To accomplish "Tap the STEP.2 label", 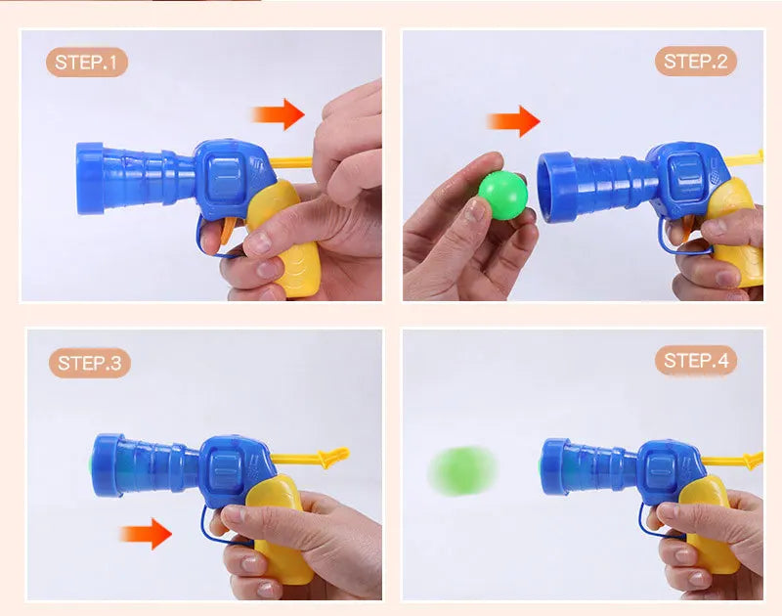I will (x=695, y=62).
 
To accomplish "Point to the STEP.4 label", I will (x=695, y=361).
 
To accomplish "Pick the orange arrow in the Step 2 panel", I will (x=513, y=121).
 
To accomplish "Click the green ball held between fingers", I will (x=501, y=192).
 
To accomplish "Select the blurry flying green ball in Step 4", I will (x=462, y=469).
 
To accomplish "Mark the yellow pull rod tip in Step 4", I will (x=753, y=460).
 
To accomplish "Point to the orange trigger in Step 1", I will (x=227, y=233).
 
